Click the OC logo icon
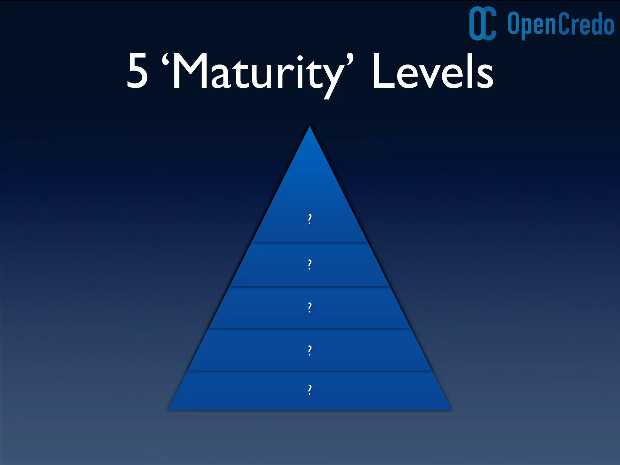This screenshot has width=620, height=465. click(483, 23)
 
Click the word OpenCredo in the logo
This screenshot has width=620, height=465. click(561, 24)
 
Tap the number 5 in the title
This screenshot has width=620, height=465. click(137, 72)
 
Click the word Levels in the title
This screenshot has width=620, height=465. click(433, 72)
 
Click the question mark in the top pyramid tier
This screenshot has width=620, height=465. click(309, 219)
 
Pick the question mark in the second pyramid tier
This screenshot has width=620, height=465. click(309, 264)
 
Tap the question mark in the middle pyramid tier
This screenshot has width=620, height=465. click(309, 308)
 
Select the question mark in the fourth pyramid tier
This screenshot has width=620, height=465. click(309, 350)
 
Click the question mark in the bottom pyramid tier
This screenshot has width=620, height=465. click(309, 390)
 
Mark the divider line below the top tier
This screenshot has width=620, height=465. click(309, 242)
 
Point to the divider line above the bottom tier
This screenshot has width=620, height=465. click(309, 371)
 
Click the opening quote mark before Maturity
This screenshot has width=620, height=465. click(165, 60)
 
